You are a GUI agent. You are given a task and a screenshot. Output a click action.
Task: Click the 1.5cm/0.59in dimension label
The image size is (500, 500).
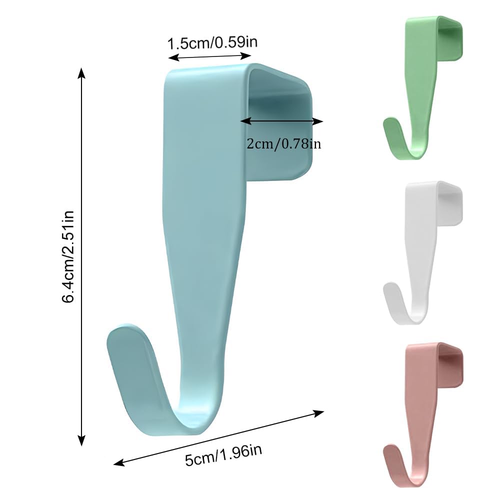pyautogui.click(x=212, y=42)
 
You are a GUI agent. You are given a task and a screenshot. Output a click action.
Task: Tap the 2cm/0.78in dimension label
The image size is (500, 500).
pyautogui.click(x=284, y=144)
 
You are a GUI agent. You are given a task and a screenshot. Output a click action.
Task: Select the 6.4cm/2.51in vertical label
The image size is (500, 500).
pyautogui.click(x=68, y=256)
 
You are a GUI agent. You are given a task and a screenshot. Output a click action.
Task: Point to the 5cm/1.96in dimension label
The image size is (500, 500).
pyautogui.click(x=223, y=455)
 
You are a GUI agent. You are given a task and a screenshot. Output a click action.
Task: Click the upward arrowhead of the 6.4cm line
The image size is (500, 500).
pyautogui.click(x=82, y=72)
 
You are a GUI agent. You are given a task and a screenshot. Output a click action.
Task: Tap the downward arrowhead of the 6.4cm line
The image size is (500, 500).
pyautogui.click(x=82, y=440)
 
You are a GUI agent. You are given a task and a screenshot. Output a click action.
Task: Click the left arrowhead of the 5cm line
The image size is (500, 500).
pyautogui.click(x=118, y=463)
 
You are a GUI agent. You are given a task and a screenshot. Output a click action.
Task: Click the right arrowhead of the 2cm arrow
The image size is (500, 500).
pyautogui.click(x=318, y=121)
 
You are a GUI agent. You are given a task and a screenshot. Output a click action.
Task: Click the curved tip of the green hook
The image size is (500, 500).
pyautogui.click(x=389, y=123)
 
